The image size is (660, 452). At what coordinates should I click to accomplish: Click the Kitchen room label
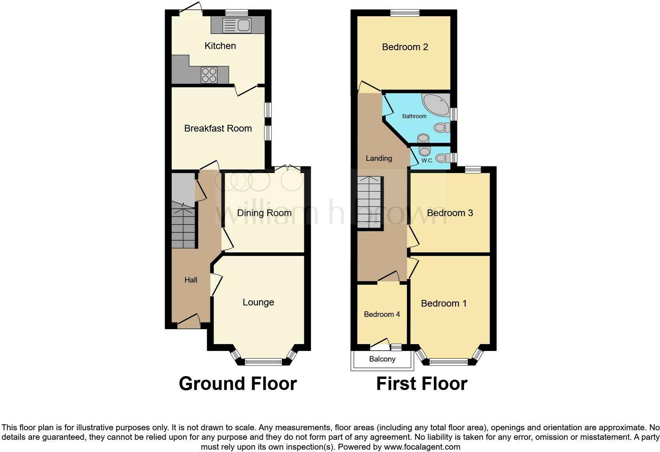(x=220, y=46)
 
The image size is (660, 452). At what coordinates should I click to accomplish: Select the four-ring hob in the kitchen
(x=209, y=75)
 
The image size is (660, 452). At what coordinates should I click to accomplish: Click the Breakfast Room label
(x=218, y=128)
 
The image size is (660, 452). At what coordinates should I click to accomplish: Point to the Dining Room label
(x=264, y=213)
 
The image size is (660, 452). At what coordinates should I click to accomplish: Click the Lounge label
(x=258, y=302)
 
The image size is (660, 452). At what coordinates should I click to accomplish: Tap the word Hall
(x=191, y=280)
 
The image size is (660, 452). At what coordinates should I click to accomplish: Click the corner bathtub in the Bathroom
(x=436, y=104)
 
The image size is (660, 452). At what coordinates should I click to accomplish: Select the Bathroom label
(x=414, y=116)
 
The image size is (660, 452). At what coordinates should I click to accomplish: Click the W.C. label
(x=427, y=160)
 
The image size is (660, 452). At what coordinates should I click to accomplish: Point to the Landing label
(x=379, y=158)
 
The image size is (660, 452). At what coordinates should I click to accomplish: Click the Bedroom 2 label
(x=405, y=47)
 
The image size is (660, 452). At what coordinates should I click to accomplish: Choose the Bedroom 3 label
(x=450, y=213)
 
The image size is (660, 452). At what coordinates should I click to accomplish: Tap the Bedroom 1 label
(x=444, y=303)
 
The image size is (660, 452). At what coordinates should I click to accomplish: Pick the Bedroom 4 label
(x=382, y=314)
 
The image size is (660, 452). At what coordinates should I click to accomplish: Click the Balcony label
(x=382, y=359)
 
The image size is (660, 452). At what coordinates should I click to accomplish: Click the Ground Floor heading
(x=238, y=384)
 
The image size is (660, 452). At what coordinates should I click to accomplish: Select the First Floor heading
(x=422, y=384)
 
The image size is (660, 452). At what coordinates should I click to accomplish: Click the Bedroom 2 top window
(x=405, y=13)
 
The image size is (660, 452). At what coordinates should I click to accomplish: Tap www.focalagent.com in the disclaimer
(x=422, y=447)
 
